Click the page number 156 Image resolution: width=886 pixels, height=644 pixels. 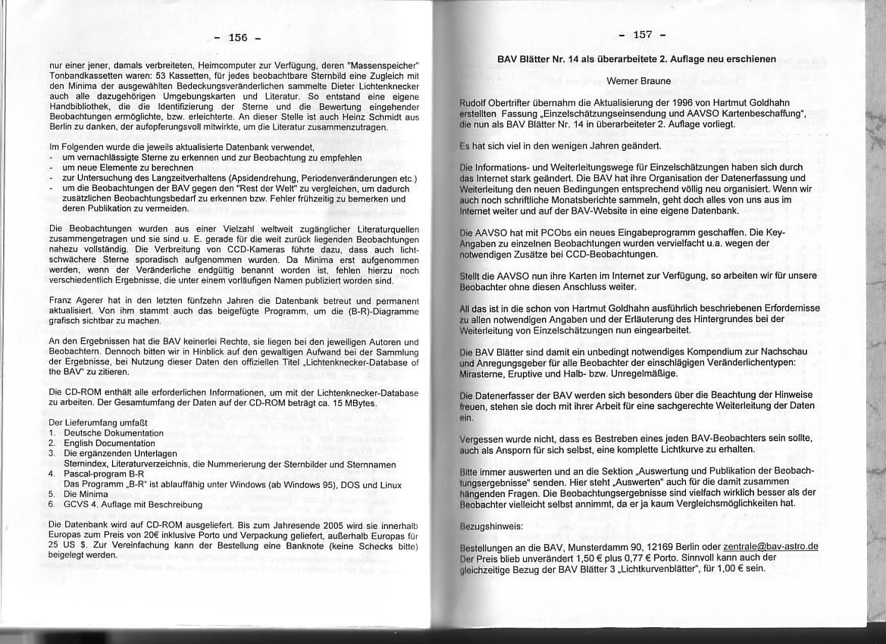click(x=237, y=37)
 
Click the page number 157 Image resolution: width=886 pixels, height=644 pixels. click(x=642, y=34)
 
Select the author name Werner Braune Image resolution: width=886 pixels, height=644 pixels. click(x=638, y=80)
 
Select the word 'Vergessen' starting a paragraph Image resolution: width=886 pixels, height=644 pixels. click(x=483, y=439)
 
